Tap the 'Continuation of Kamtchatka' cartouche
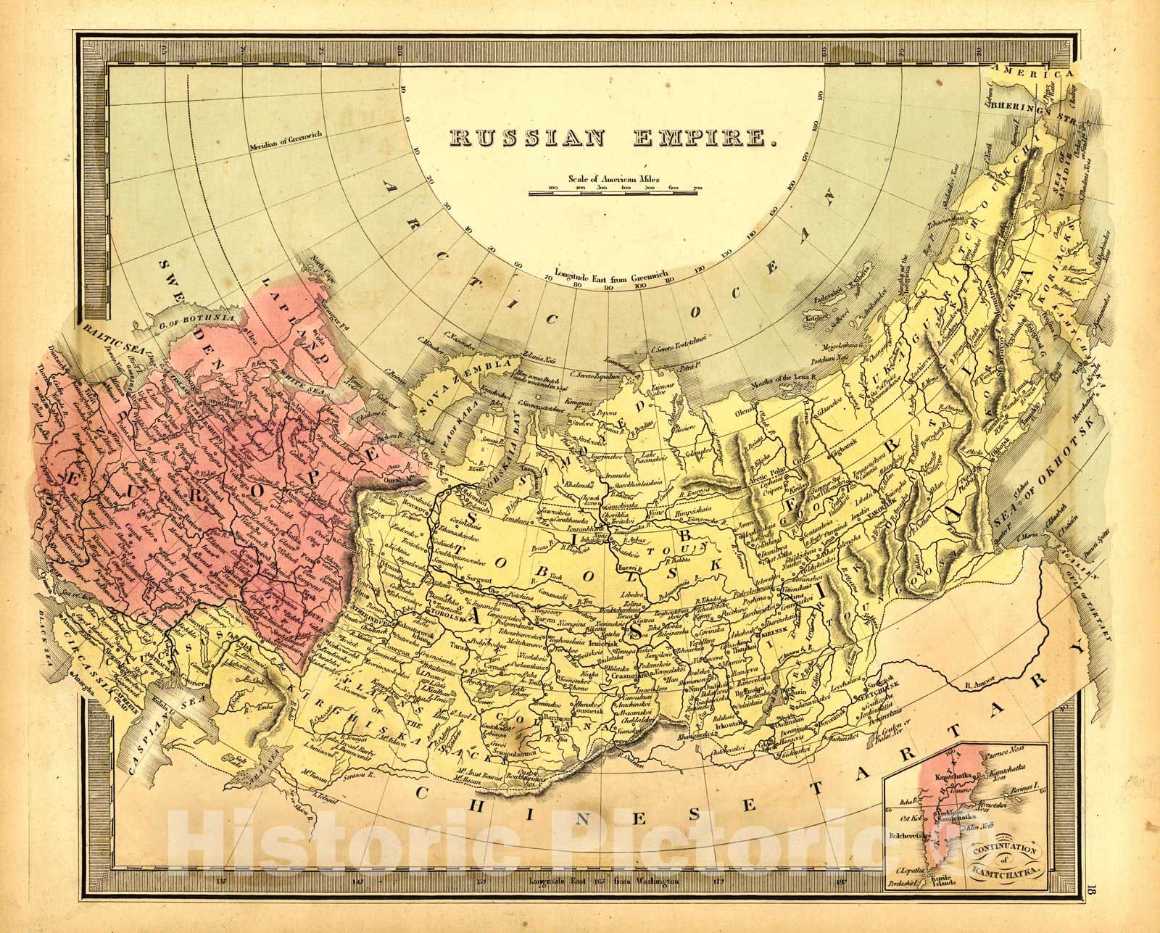click(1003, 853)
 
